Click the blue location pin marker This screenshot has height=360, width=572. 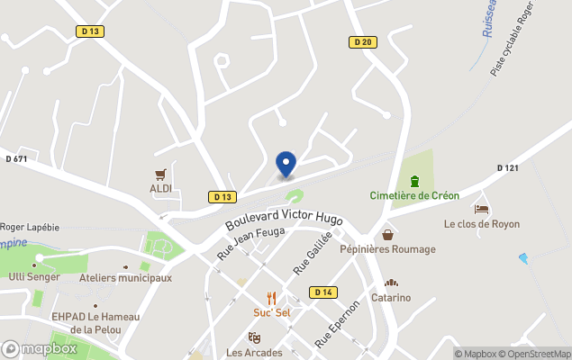coord(286,164)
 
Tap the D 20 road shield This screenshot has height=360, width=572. coord(362,42)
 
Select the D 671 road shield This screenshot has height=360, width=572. coord(16,159)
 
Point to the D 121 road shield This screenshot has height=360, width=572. coord(508,168)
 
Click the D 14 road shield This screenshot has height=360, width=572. coord(323,292)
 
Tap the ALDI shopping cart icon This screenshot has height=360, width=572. coord(161,174)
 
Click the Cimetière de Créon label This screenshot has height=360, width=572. coord(414,195)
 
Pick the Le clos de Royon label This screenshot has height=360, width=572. coord(481,224)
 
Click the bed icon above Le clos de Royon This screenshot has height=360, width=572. coord(482,209)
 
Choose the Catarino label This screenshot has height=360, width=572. coord(391,296)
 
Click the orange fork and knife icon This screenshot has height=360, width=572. coord(271,298)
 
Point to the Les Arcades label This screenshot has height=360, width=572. coord(255,352)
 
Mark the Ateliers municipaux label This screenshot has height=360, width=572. coord(125,278)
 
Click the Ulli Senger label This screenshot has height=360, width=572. coord(34,276)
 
